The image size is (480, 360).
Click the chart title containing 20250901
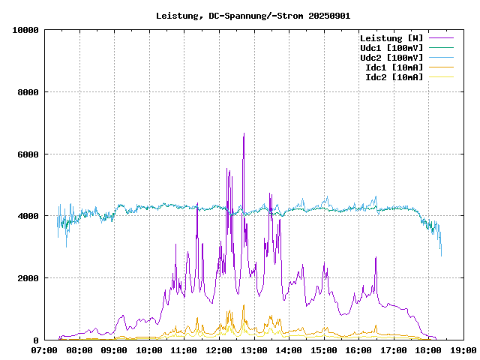253,15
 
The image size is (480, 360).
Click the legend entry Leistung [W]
391,38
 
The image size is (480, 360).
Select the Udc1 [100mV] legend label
391,48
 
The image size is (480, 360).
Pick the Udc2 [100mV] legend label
391,58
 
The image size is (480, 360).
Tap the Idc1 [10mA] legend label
394,67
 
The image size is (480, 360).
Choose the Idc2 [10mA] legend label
394,77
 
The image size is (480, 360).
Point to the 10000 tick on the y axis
25,30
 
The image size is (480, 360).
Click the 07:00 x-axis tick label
44,349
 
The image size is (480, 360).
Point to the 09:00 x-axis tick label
114,349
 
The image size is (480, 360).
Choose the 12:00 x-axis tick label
219,349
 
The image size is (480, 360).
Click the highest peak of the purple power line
244,133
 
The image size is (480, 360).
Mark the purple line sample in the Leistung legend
441,38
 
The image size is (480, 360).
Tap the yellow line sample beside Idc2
441,77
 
